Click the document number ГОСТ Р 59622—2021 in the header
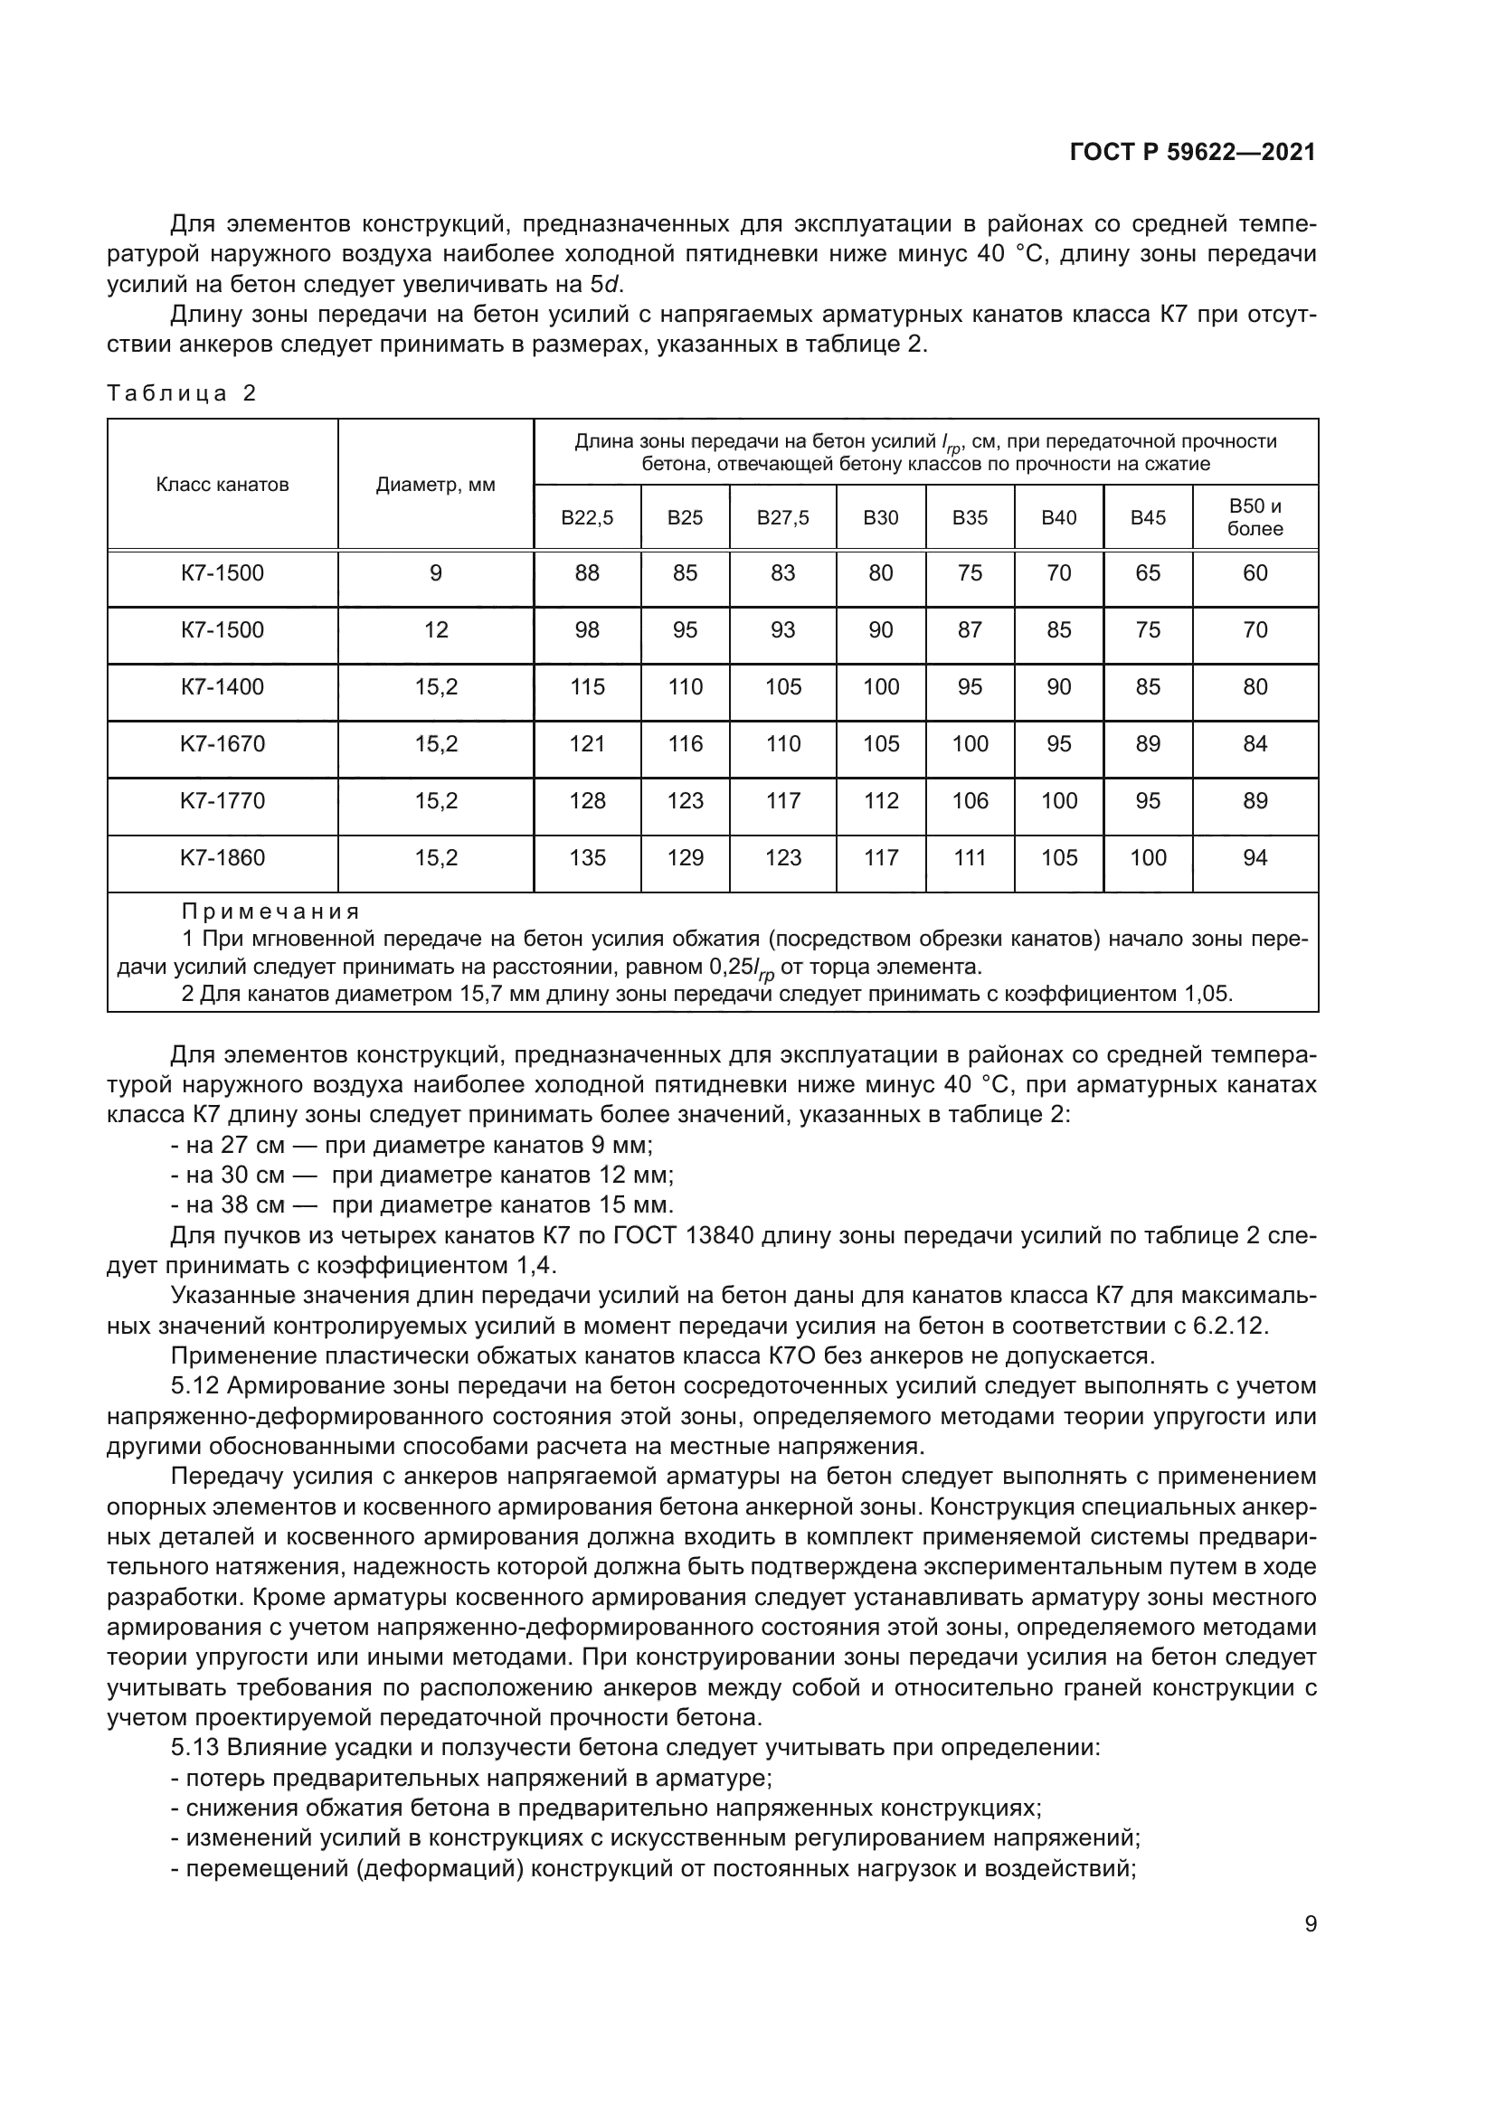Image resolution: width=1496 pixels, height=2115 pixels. click(x=1192, y=152)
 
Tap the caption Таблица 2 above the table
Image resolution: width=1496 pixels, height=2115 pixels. click(x=182, y=393)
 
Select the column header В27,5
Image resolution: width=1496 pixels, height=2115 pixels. click(x=783, y=518)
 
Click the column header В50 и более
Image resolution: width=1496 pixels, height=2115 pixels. click(x=1255, y=517)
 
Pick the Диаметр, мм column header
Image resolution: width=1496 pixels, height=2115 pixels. click(x=435, y=485)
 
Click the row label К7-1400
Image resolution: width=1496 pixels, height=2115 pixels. click(x=222, y=686)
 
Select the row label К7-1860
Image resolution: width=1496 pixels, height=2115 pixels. click(x=222, y=857)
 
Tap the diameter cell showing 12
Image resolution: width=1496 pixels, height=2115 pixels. click(x=435, y=630)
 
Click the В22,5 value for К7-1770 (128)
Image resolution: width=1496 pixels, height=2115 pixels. click(x=587, y=800)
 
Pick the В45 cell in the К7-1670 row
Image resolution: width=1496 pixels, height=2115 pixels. click(x=1148, y=743)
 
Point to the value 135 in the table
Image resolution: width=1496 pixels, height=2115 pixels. click(x=587, y=857)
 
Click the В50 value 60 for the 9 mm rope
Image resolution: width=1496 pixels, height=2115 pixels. click(x=1255, y=573)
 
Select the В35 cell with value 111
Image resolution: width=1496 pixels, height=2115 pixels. click(x=970, y=857)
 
